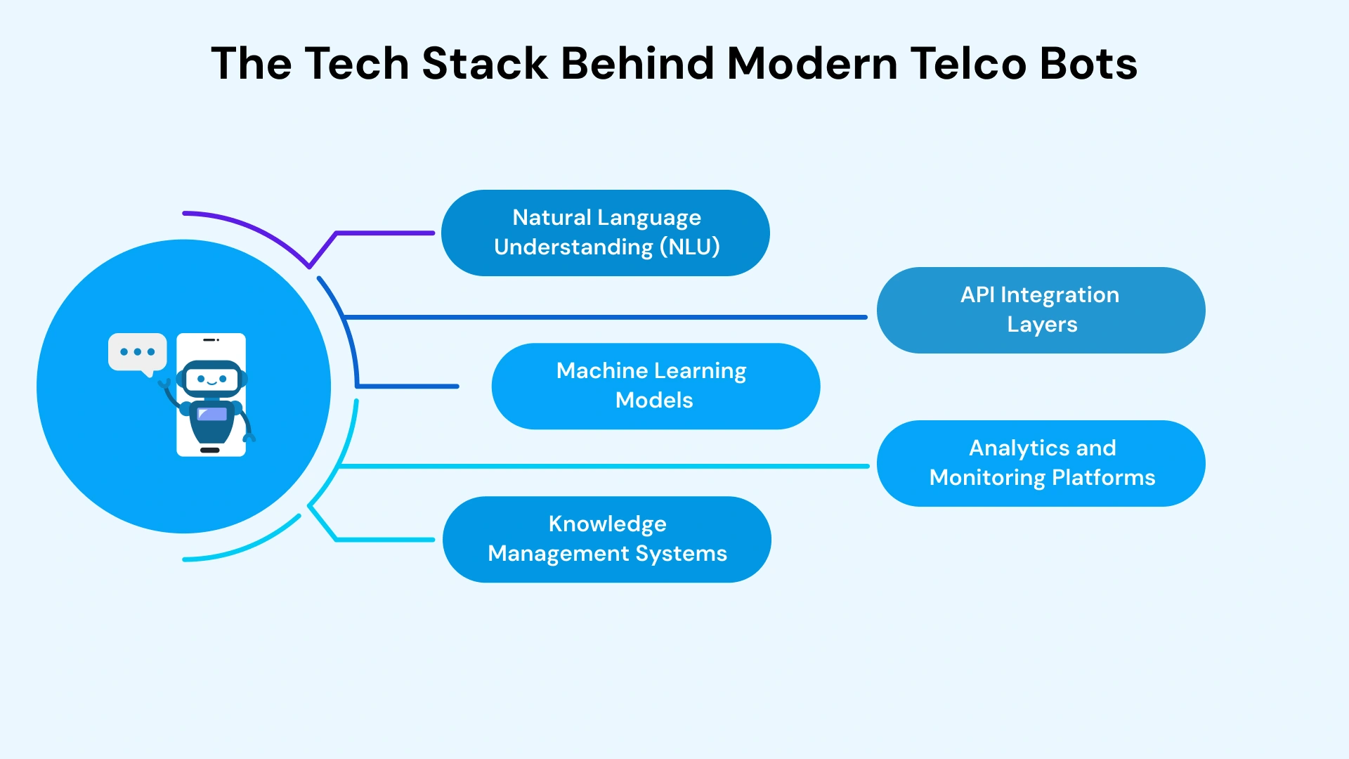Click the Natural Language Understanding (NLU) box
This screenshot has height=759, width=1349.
point(606,233)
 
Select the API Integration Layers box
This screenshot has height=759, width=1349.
point(1041,310)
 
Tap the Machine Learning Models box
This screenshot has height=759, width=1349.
point(655,386)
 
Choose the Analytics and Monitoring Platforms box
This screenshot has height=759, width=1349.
point(1041,463)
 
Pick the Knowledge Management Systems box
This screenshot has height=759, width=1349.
point(606,539)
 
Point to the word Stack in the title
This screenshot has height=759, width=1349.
point(484,63)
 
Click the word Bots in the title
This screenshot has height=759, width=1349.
point(1088,63)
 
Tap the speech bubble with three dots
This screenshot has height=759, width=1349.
point(137,352)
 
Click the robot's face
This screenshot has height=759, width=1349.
point(211,379)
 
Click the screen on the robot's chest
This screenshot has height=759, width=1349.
point(211,414)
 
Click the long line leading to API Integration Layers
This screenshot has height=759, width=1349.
point(604,317)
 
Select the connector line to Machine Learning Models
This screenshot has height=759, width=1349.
point(408,386)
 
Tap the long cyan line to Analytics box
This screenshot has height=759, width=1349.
point(604,466)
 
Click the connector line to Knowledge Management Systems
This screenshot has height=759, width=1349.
point(383,539)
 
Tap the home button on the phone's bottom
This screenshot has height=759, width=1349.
point(210,450)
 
